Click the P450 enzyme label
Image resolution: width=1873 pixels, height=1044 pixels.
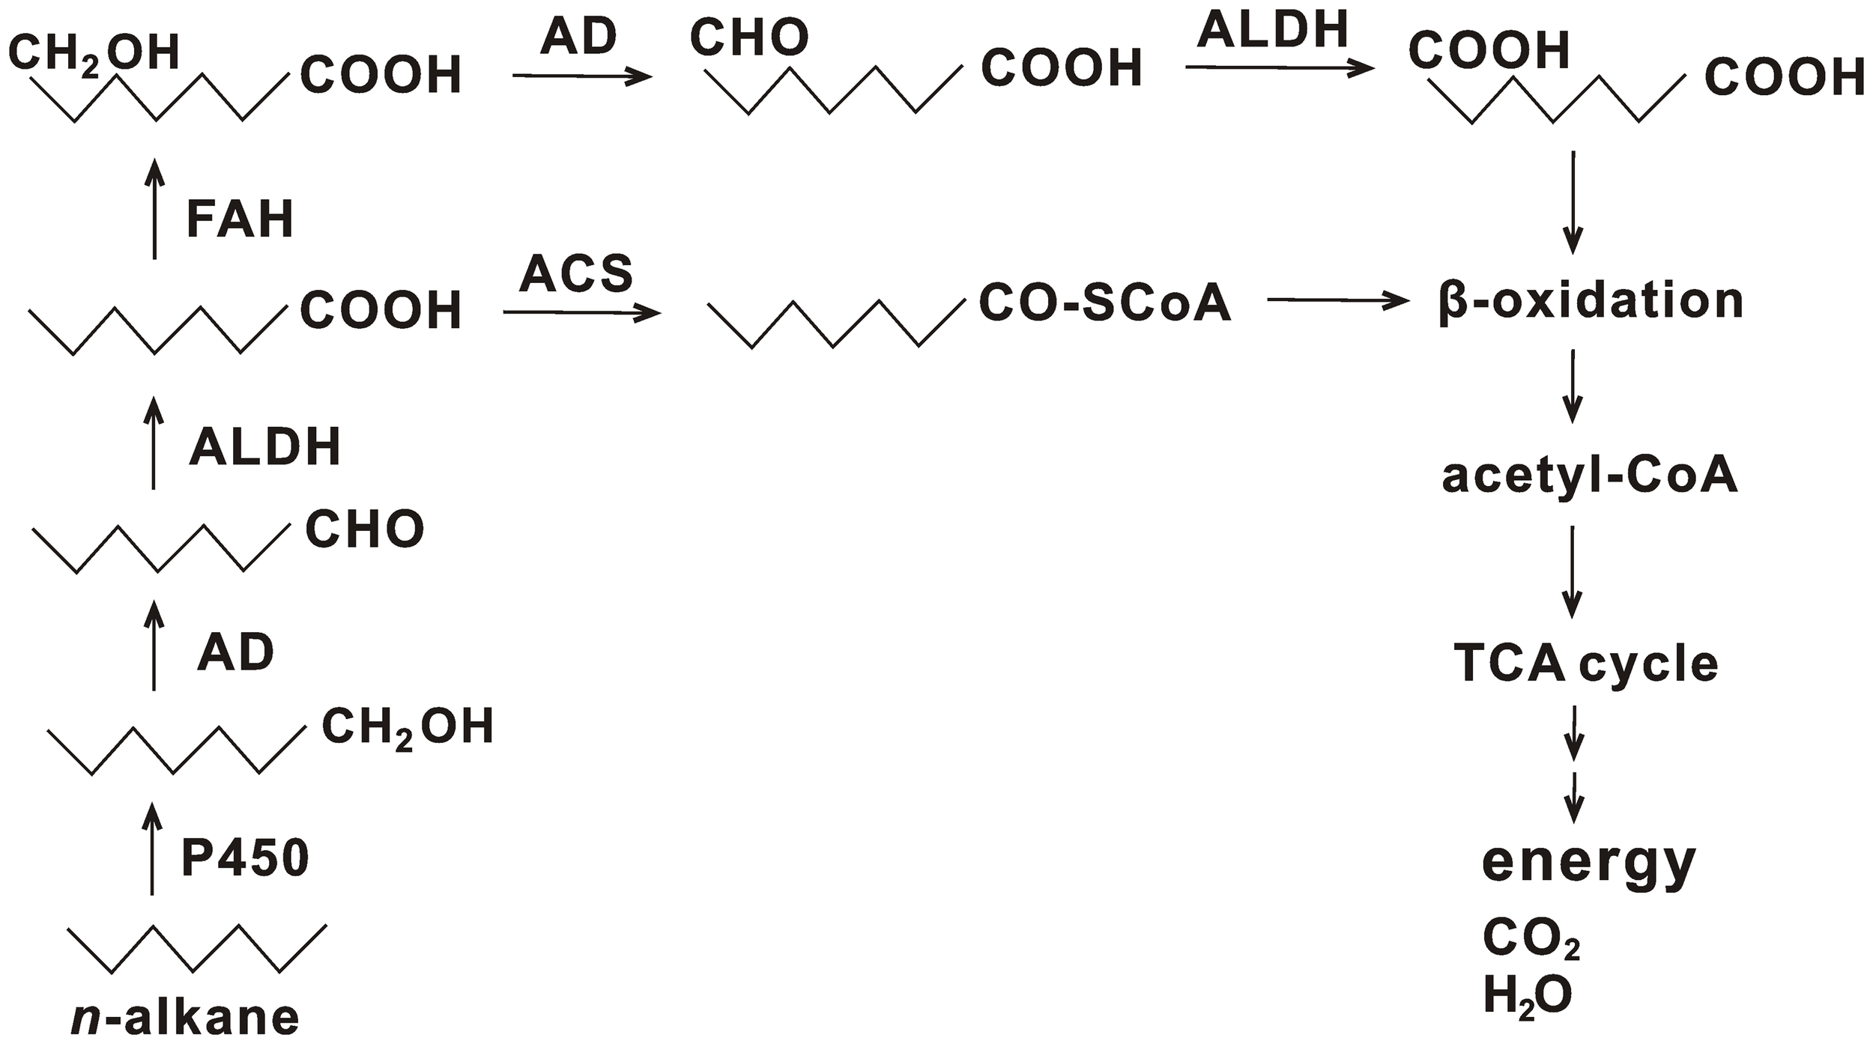[245, 859]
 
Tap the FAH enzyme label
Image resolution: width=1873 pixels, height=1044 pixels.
[240, 219]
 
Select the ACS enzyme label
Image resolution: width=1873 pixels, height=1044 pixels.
[576, 273]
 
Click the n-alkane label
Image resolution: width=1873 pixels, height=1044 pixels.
[185, 1017]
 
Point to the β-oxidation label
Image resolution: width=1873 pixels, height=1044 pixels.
[1591, 301]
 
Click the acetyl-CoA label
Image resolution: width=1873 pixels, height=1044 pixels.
[1590, 476]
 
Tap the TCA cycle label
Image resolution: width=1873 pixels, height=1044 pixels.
[1586, 664]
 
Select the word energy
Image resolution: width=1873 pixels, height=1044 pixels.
[1589, 863]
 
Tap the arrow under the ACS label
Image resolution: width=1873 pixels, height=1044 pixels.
[581, 312]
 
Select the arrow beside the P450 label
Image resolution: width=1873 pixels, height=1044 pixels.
[153, 849]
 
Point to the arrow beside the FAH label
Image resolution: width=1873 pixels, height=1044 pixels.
[154, 209]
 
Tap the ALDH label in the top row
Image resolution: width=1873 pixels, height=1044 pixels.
[1273, 30]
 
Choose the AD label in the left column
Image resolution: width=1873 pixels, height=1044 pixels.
[235, 653]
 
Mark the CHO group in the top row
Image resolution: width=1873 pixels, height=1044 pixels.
[749, 37]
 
